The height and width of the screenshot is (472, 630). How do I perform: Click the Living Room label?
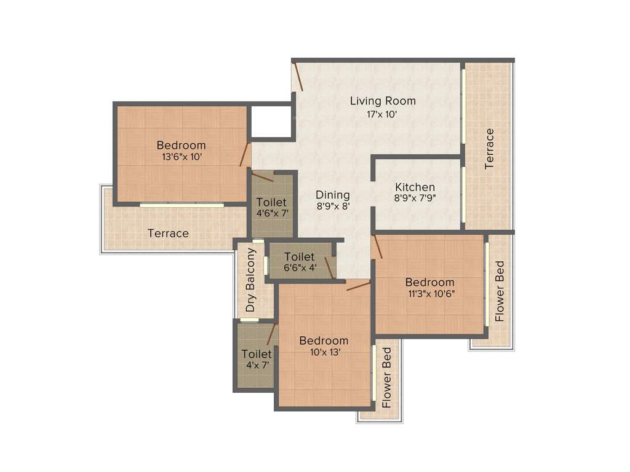click(x=383, y=101)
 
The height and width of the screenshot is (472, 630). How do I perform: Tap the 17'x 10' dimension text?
click(x=383, y=114)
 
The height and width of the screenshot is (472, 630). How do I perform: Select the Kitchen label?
click(x=415, y=187)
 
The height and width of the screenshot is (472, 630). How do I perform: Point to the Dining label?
click(x=333, y=195)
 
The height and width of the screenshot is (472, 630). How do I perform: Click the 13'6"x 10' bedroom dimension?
click(x=181, y=157)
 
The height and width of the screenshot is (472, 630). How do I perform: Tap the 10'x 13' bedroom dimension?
click(x=324, y=352)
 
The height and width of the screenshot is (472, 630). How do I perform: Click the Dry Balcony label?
click(x=250, y=280)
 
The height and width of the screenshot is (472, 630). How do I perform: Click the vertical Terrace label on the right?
click(x=490, y=148)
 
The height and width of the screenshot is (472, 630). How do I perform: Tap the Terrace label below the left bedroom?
click(x=168, y=234)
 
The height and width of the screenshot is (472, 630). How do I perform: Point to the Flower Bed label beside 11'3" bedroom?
click(x=500, y=291)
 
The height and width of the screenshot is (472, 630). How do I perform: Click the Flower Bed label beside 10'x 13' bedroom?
click(x=386, y=378)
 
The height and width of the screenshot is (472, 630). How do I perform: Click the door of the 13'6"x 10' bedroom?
click(x=245, y=155)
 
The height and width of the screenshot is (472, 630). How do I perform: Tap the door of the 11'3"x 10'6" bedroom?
click(x=377, y=246)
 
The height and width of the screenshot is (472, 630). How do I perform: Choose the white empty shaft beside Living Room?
click(x=271, y=122)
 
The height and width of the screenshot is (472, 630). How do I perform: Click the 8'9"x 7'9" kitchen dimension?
click(x=415, y=199)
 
